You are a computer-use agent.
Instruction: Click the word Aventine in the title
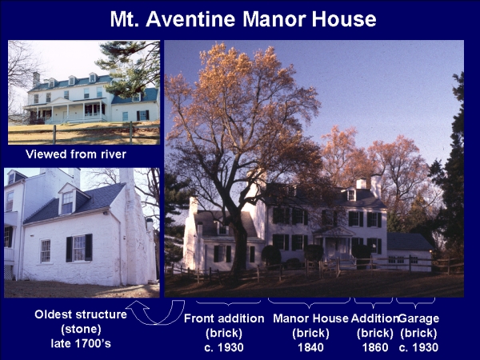coord(191,19)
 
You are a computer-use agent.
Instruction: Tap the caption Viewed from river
coord(76,154)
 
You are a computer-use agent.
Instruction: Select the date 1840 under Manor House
coord(310,347)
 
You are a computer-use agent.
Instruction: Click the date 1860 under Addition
coord(375,347)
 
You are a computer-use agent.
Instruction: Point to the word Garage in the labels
coord(418,318)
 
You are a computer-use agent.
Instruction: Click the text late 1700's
coord(81,343)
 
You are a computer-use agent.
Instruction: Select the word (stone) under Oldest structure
coord(81,329)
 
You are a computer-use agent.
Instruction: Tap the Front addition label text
coord(224,318)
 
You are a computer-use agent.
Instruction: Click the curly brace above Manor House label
coord(309,303)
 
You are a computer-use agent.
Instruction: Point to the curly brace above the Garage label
coord(415,303)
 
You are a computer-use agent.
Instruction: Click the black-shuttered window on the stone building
coord(79,248)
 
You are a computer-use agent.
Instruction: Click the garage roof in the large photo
coord(410,242)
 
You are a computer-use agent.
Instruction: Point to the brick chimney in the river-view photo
coord(36,79)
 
